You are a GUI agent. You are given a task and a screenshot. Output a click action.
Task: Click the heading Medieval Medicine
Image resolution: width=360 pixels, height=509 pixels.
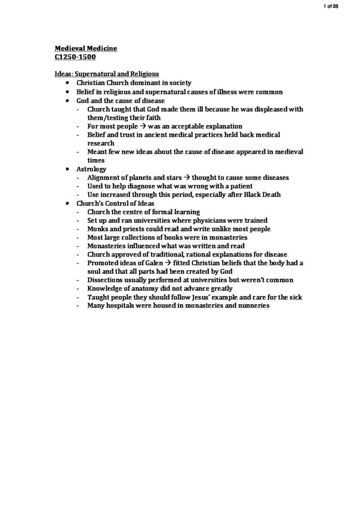click(x=86, y=48)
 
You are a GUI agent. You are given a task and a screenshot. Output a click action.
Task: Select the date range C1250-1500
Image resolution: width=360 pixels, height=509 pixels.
click(x=75, y=57)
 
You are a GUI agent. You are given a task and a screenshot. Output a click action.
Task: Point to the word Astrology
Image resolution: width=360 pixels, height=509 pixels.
click(x=91, y=169)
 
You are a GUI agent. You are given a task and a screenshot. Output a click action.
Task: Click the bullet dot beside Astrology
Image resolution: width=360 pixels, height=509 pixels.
click(x=67, y=169)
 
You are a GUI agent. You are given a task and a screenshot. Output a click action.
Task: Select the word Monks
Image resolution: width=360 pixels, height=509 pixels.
click(x=97, y=229)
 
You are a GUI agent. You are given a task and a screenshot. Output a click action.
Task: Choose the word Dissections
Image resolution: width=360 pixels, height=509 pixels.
click(x=106, y=280)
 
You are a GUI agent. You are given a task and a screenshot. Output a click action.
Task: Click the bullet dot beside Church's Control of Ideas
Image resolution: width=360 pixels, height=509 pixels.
click(x=67, y=203)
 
